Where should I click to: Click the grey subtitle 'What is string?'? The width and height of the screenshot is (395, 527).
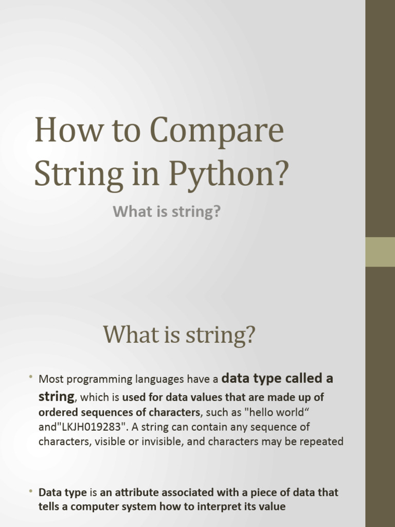(167, 211)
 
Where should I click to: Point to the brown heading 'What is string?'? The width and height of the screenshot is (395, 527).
(179, 335)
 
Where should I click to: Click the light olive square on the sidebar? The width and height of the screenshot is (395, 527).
(380, 252)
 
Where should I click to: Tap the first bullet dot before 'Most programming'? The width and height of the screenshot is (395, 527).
(31, 378)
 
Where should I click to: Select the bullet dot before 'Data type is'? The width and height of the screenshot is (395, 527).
(31, 491)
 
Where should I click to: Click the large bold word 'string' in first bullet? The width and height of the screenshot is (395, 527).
(56, 397)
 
